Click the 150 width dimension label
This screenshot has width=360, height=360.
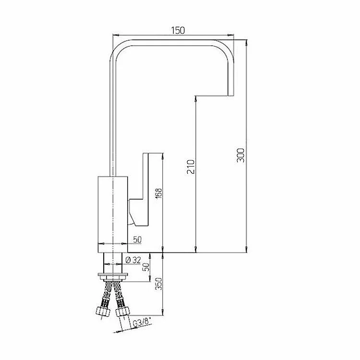point(178,30)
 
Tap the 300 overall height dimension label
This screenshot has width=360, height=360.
point(240,155)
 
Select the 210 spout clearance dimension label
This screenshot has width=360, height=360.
point(191,167)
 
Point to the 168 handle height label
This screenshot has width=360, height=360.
point(159,193)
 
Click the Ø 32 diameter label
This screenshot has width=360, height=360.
point(133,260)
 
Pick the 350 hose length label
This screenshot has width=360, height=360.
point(159,284)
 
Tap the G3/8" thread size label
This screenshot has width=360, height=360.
point(143,323)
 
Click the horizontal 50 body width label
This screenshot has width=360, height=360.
point(137,240)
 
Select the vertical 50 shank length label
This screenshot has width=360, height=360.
point(146,267)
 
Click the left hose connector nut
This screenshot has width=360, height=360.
point(103,312)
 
